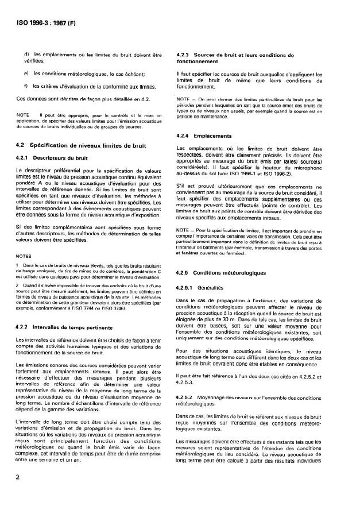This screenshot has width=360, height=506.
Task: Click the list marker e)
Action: [x=26, y=73]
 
